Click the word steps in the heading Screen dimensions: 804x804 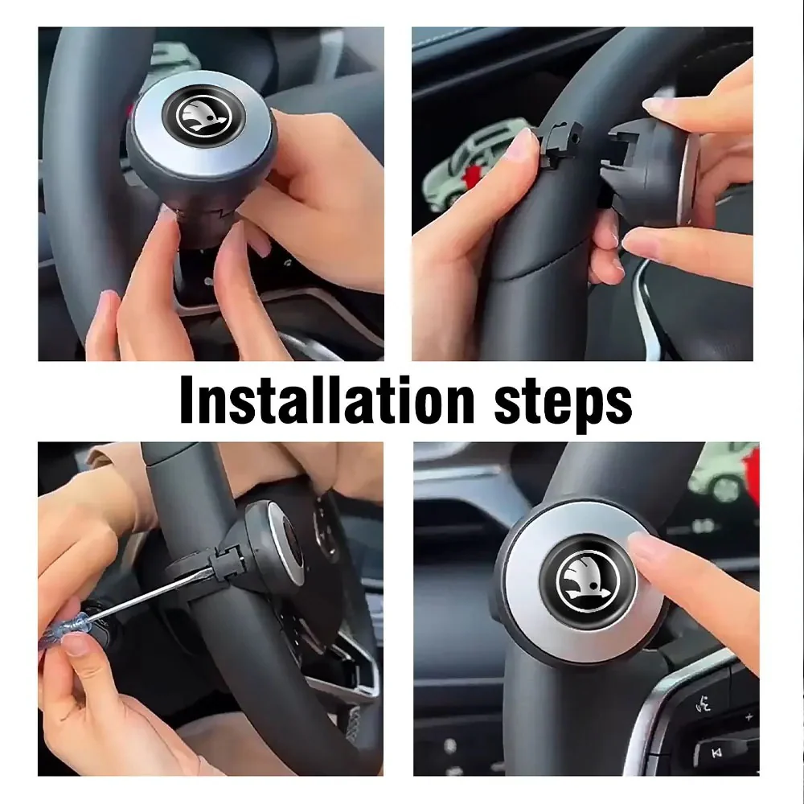click(x=563, y=405)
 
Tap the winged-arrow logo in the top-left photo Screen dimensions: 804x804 click(x=203, y=115)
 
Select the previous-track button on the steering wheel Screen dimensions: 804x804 click(x=717, y=753)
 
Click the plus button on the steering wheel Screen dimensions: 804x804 click(x=749, y=716)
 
